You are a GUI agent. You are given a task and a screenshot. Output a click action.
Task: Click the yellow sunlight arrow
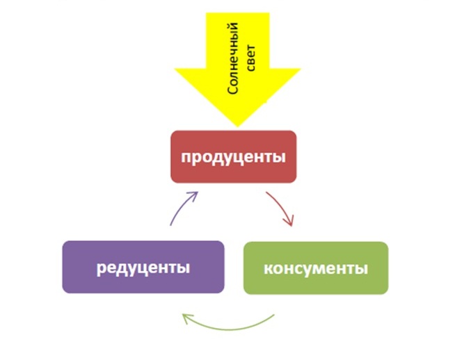237,69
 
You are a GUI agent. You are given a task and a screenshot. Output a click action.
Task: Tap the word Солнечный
233,58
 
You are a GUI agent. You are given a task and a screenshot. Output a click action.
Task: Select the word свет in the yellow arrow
251,58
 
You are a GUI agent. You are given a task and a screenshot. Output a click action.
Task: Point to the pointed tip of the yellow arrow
237,126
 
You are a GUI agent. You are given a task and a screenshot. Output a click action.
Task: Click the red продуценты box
234,157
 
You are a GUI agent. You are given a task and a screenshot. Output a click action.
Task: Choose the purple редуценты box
143,267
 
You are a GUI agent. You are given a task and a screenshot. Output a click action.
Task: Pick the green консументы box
316,268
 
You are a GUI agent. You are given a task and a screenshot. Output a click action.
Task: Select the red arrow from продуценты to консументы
283,205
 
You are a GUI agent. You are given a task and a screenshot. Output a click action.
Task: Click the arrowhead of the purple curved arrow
194,195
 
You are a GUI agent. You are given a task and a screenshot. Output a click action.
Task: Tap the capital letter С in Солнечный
233,90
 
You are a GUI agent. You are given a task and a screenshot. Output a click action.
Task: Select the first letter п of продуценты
186,157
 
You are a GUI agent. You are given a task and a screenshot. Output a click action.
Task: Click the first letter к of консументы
268,269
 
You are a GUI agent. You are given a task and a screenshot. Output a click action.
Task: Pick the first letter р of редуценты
101,269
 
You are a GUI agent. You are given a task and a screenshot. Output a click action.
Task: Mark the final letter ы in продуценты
280,157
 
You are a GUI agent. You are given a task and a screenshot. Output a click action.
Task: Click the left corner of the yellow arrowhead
175,69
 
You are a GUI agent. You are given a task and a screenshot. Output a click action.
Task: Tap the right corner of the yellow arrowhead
301,69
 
